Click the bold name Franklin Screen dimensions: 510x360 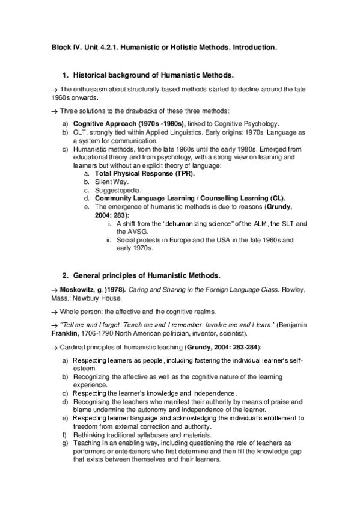tap(66, 333)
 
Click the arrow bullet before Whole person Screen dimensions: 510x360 tap(55, 312)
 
